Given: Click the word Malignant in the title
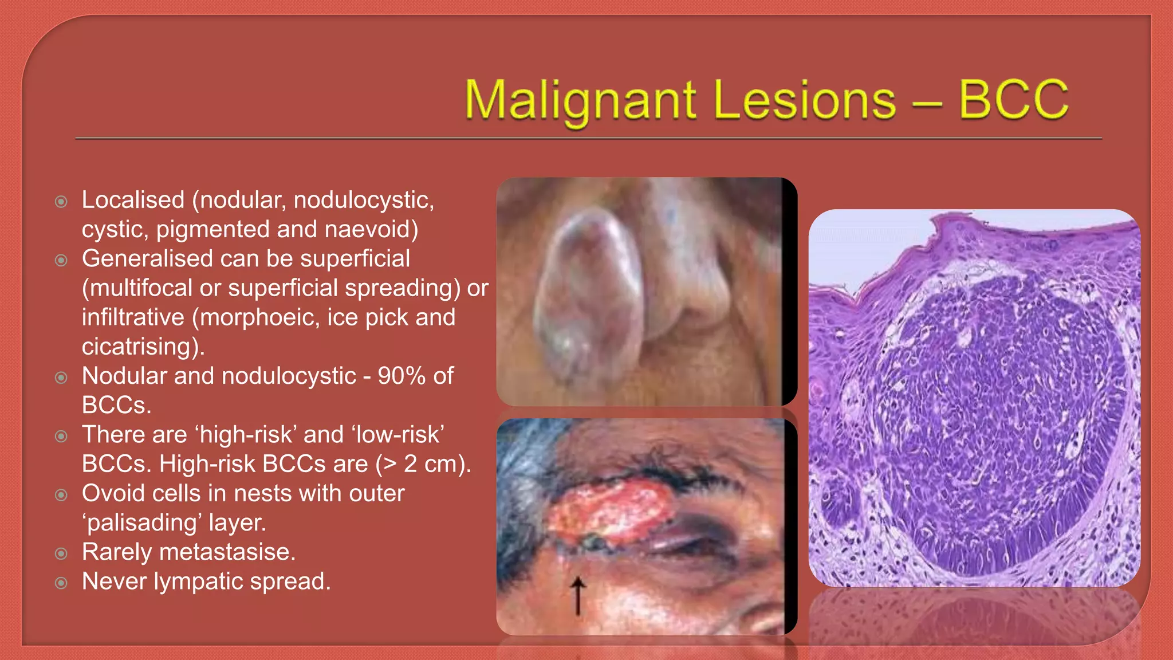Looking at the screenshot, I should [x=581, y=101].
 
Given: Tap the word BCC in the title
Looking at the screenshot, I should [x=1013, y=100].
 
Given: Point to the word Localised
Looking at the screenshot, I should [x=133, y=200].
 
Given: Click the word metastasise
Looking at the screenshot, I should [x=227, y=552].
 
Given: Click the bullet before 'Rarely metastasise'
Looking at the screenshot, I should [x=61, y=553].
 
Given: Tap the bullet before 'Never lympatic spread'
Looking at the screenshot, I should [x=61, y=583].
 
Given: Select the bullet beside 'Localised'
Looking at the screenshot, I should [x=61, y=202].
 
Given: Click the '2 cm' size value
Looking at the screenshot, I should [x=430, y=464].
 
